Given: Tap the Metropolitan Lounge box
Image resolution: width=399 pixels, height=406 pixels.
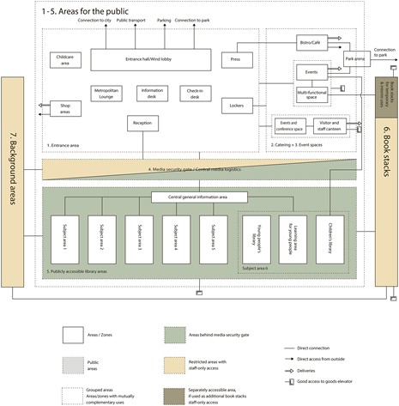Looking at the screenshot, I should coord(108,93).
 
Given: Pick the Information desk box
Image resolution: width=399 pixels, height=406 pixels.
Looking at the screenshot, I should coord(152,93).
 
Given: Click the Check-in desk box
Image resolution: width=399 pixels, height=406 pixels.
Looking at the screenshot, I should coord(194,93).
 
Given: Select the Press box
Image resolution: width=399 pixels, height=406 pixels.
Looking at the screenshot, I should coord(235,59).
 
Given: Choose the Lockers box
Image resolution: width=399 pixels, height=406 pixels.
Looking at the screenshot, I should coord(235,106).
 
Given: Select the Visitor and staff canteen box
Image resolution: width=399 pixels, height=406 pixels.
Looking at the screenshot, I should coord(328,126).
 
